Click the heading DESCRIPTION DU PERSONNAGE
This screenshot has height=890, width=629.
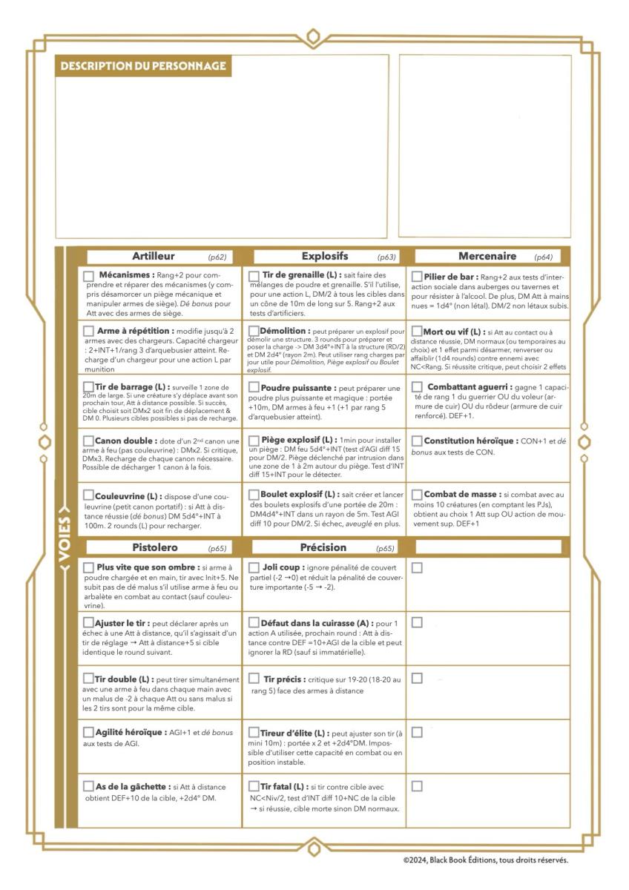tap(143, 66)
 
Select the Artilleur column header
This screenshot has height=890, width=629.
tap(153, 257)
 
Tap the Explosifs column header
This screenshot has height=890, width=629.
tap(324, 257)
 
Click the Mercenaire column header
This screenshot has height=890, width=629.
tap(487, 257)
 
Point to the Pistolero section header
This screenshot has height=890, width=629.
tap(155, 547)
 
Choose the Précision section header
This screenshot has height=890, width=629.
tap(323, 547)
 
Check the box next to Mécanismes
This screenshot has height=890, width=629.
tap(89, 276)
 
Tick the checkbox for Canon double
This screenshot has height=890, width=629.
tap(88, 441)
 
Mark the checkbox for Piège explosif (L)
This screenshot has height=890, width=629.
tap(254, 441)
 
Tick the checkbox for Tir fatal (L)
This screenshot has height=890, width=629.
tap(254, 786)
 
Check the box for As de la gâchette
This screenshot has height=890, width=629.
tap(88, 786)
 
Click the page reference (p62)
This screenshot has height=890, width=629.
tap(217, 257)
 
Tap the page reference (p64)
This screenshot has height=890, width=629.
tap(543, 257)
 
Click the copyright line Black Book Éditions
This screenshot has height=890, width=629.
tap(486, 860)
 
